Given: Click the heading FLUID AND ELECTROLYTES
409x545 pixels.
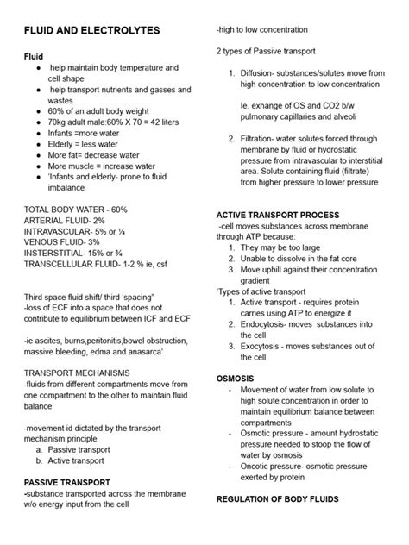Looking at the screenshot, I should pyautogui.click(x=91, y=30).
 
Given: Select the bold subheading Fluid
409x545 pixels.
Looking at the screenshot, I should pyautogui.click(x=33, y=54).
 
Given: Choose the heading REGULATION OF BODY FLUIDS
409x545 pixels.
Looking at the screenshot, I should pyautogui.click(x=288, y=499).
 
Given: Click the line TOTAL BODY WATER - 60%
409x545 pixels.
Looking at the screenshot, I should pyautogui.click(x=75, y=210).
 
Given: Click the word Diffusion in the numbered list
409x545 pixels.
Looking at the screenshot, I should pyautogui.click(x=262, y=73).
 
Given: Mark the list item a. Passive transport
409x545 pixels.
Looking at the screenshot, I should pyautogui.click(x=82, y=449).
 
